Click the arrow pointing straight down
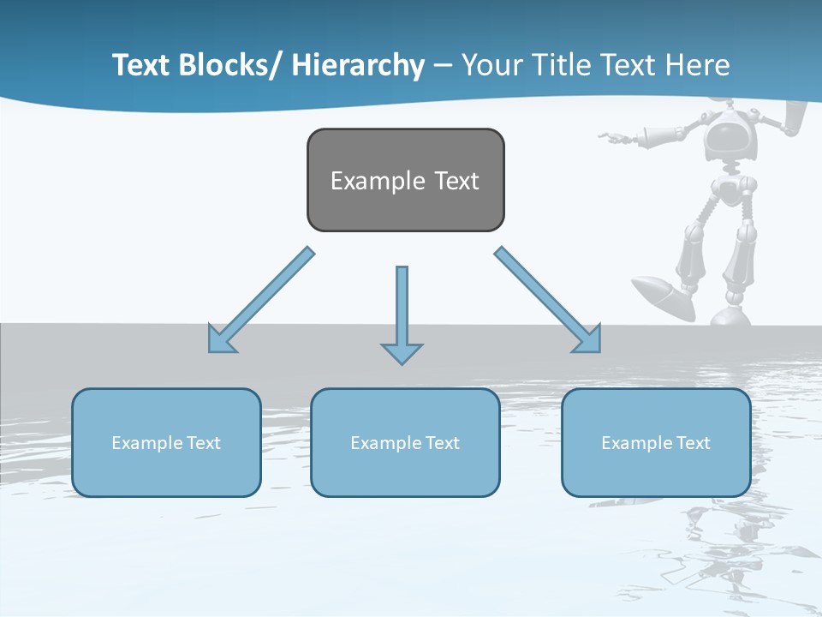click(x=402, y=313)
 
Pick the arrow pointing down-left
click(x=260, y=301)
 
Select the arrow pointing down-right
click(x=548, y=300)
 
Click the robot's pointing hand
click(x=612, y=135)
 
